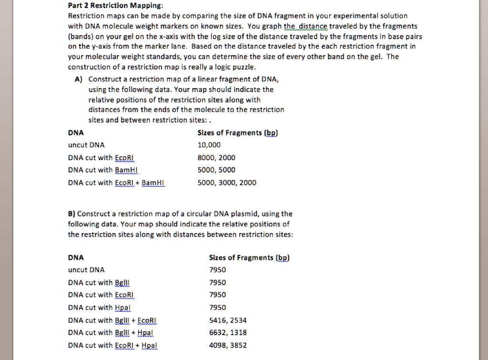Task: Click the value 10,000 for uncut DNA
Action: [x=209, y=145]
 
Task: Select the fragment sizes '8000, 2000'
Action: [x=216, y=158]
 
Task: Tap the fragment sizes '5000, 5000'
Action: [x=216, y=170]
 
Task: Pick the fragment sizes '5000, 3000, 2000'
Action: [x=227, y=183]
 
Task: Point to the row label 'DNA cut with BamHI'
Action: [x=102, y=170]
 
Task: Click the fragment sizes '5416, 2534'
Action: [x=228, y=320]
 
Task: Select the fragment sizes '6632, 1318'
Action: [x=228, y=332]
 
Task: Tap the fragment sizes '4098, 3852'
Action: [x=228, y=345]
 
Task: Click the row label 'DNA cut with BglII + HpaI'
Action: [x=111, y=332]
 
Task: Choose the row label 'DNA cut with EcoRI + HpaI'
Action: [x=113, y=345]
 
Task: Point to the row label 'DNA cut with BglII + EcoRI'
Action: [x=113, y=320]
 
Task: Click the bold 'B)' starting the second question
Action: [x=72, y=214]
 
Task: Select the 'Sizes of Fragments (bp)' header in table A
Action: [x=237, y=133]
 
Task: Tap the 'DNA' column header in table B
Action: [x=76, y=257]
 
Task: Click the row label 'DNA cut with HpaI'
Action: [x=99, y=308]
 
